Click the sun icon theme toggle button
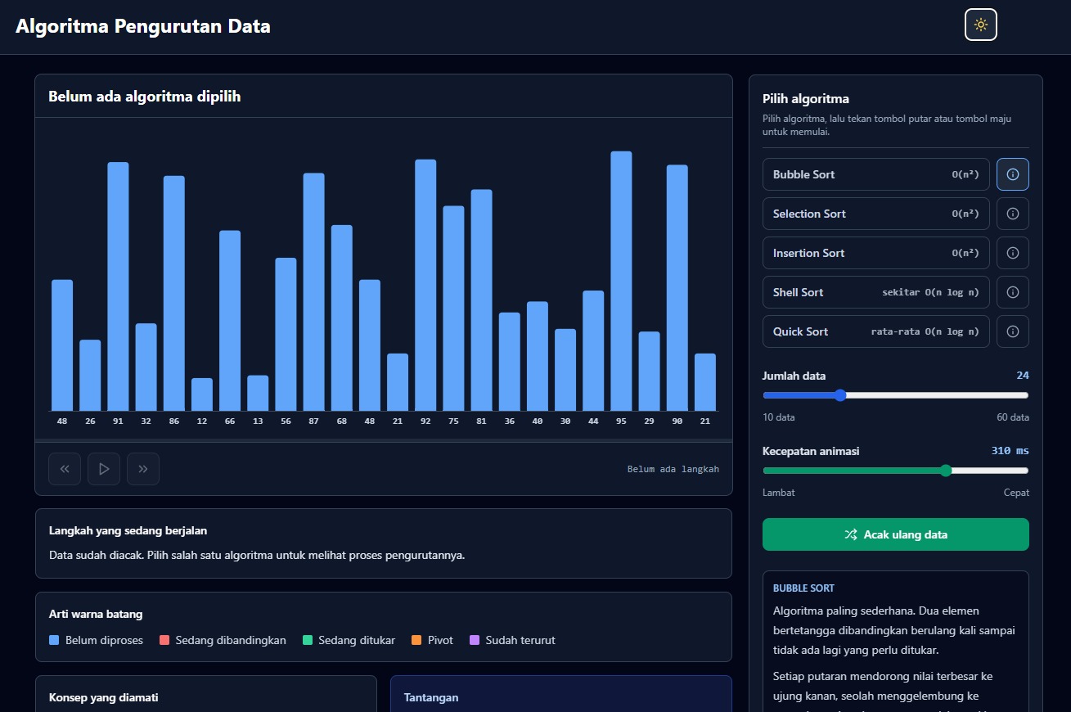980,25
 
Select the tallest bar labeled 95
621,281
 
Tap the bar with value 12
202,394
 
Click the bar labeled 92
425,285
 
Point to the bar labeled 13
258,393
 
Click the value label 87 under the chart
313,421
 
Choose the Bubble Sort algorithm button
876,174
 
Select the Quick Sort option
876,331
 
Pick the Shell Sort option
876,292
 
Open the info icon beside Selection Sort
1013,214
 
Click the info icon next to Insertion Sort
1013,253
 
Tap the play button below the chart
104,469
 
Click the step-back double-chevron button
65,469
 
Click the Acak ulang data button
896,534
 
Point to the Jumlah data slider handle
840,395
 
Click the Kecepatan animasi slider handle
946,471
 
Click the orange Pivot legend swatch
416,640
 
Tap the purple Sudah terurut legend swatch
475,640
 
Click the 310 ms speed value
1010,450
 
